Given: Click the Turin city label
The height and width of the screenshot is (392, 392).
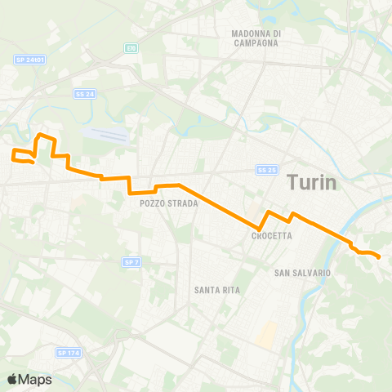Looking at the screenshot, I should pyautogui.click(x=312, y=183).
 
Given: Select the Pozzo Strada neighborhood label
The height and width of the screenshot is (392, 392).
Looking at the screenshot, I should pyautogui.click(x=169, y=203).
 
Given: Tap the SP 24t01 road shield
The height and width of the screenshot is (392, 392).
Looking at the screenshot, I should pyautogui.click(x=29, y=60).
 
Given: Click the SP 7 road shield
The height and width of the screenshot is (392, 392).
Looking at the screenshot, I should pyautogui.click(x=131, y=262).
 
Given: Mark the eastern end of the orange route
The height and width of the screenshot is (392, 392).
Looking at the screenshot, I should pyautogui.click(x=380, y=258).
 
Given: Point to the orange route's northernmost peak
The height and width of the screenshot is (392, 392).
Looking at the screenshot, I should pyautogui.click(x=41, y=133).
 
